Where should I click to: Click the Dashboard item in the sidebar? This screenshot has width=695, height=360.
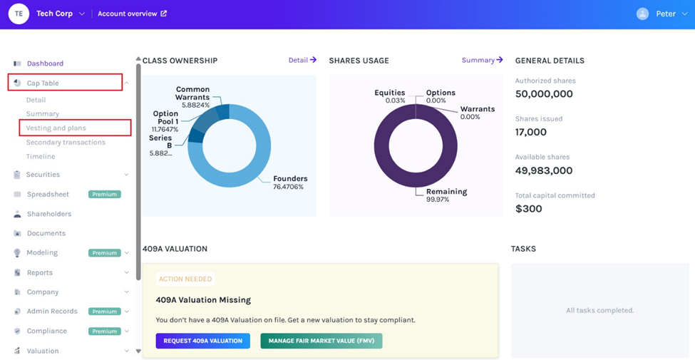click(x=45, y=63)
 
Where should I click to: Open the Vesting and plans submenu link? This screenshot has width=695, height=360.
click(x=56, y=128)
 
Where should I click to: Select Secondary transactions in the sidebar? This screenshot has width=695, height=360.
click(x=66, y=143)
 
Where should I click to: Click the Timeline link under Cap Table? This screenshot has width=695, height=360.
click(x=41, y=157)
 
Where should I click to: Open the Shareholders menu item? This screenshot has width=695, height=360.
click(x=49, y=214)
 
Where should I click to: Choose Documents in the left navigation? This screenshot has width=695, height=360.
click(x=46, y=233)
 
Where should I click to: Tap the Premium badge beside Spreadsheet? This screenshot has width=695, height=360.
click(x=104, y=194)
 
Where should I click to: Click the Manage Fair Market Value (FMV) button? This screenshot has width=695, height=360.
click(x=321, y=341)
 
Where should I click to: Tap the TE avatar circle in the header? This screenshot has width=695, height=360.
click(x=19, y=14)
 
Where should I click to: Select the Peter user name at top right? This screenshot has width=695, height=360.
click(x=665, y=14)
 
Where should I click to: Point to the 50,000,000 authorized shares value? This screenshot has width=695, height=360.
click(x=544, y=94)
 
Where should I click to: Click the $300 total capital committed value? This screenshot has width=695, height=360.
click(x=529, y=209)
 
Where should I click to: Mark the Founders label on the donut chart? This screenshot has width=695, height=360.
click(x=290, y=179)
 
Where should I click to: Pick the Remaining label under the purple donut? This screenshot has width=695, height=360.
click(x=446, y=192)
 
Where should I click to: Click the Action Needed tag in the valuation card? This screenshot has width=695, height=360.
click(x=185, y=279)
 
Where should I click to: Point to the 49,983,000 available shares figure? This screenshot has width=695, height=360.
click(x=544, y=170)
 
